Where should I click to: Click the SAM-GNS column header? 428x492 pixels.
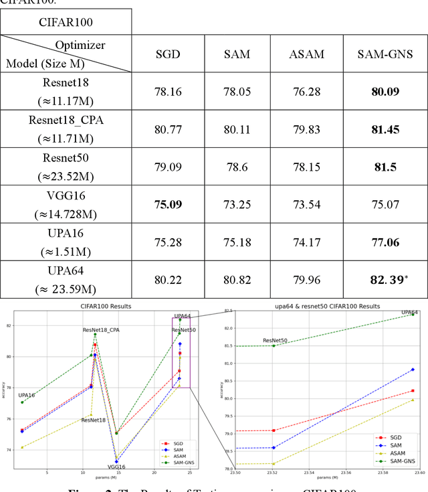click(384, 54)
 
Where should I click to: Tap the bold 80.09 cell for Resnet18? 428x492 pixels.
click(384, 92)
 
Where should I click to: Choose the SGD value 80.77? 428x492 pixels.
click(168, 129)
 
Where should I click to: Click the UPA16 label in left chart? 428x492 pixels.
click(27, 396)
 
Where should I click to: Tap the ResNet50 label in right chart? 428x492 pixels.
click(275, 341)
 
